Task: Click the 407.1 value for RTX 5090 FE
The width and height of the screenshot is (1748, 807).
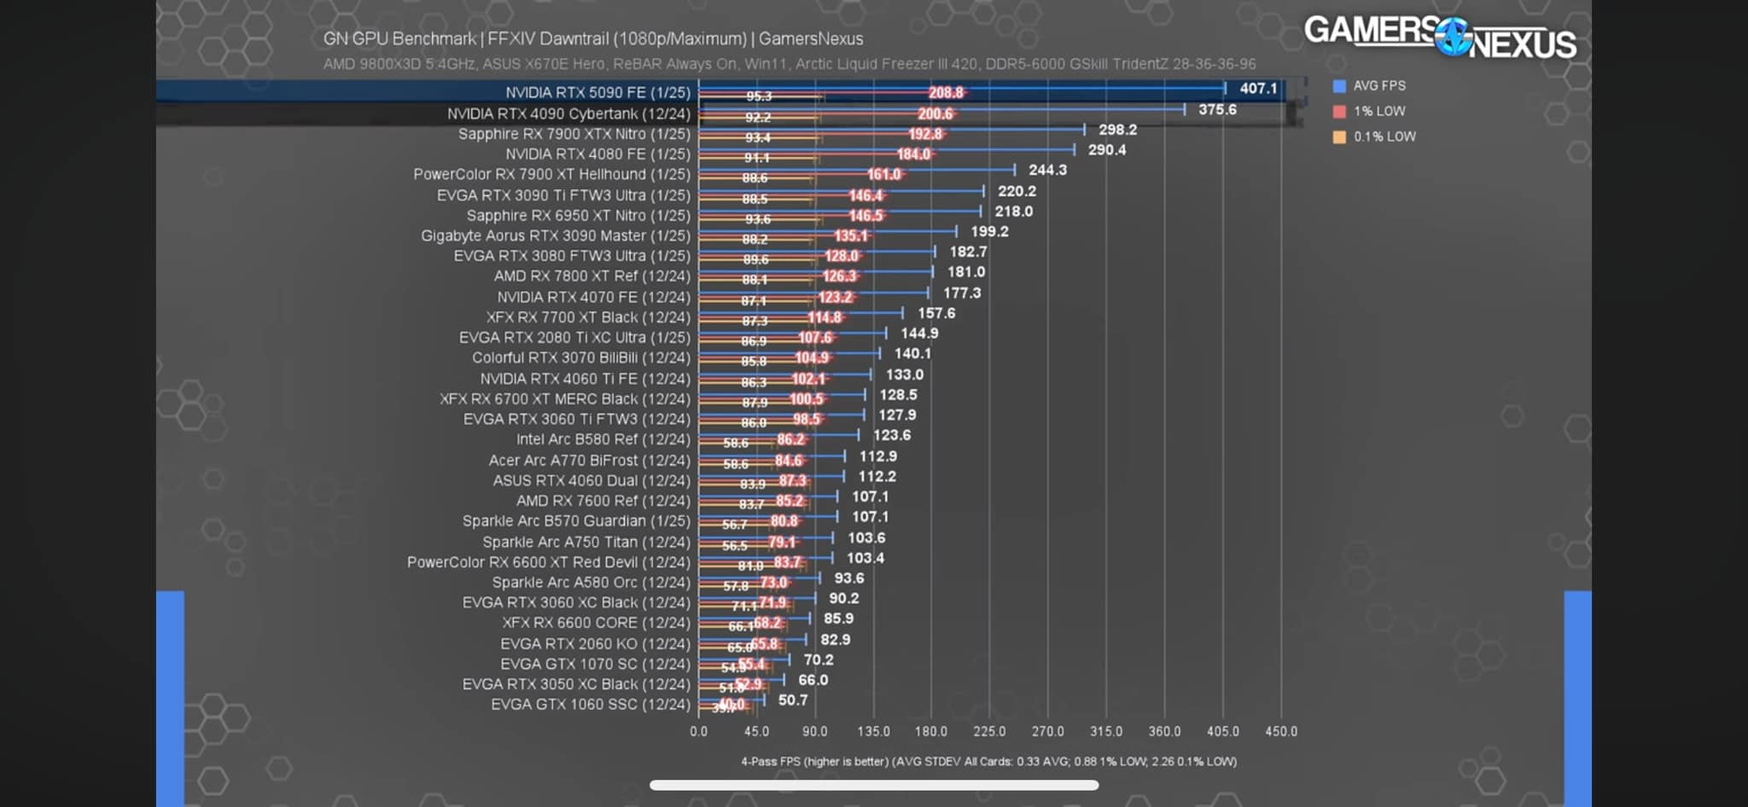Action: pyautogui.click(x=1258, y=89)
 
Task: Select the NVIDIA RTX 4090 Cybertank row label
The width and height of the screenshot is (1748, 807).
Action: pyautogui.click(x=568, y=113)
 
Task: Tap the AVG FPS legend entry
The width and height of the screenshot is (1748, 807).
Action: pyautogui.click(x=1378, y=85)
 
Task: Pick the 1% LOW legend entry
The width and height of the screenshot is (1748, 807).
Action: pyautogui.click(x=1378, y=111)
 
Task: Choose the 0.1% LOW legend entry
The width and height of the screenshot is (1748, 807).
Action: pyautogui.click(x=1384, y=136)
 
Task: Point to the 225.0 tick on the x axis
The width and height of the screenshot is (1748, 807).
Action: pyautogui.click(x=989, y=731)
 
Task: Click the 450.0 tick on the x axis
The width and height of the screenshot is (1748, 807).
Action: pyautogui.click(x=1281, y=731)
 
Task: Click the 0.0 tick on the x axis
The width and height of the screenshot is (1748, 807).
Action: pyautogui.click(x=699, y=731)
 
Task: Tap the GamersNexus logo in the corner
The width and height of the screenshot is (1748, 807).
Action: pyautogui.click(x=1440, y=36)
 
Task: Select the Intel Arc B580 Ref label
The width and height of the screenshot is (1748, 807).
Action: pyautogui.click(x=603, y=439)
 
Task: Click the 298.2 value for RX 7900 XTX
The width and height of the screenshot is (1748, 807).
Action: pyautogui.click(x=1117, y=130)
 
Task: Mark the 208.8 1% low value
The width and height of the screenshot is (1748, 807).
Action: pyautogui.click(x=946, y=93)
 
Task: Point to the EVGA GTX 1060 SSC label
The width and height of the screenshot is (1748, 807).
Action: pyautogui.click(x=590, y=705)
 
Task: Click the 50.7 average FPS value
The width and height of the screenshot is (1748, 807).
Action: pyautogui.click(x=793, y=700)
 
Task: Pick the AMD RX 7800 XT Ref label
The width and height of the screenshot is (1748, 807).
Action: pyautogui.click(x=591, y=276)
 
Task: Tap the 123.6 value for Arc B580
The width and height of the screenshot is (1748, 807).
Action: pyautogui.click(x=892, y=435)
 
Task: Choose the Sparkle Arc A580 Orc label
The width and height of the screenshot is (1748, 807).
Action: pyautogui.click(x=591, y=583)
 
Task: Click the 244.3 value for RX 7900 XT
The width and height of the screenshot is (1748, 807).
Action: pyautogui.click(x=1047, y=170)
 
